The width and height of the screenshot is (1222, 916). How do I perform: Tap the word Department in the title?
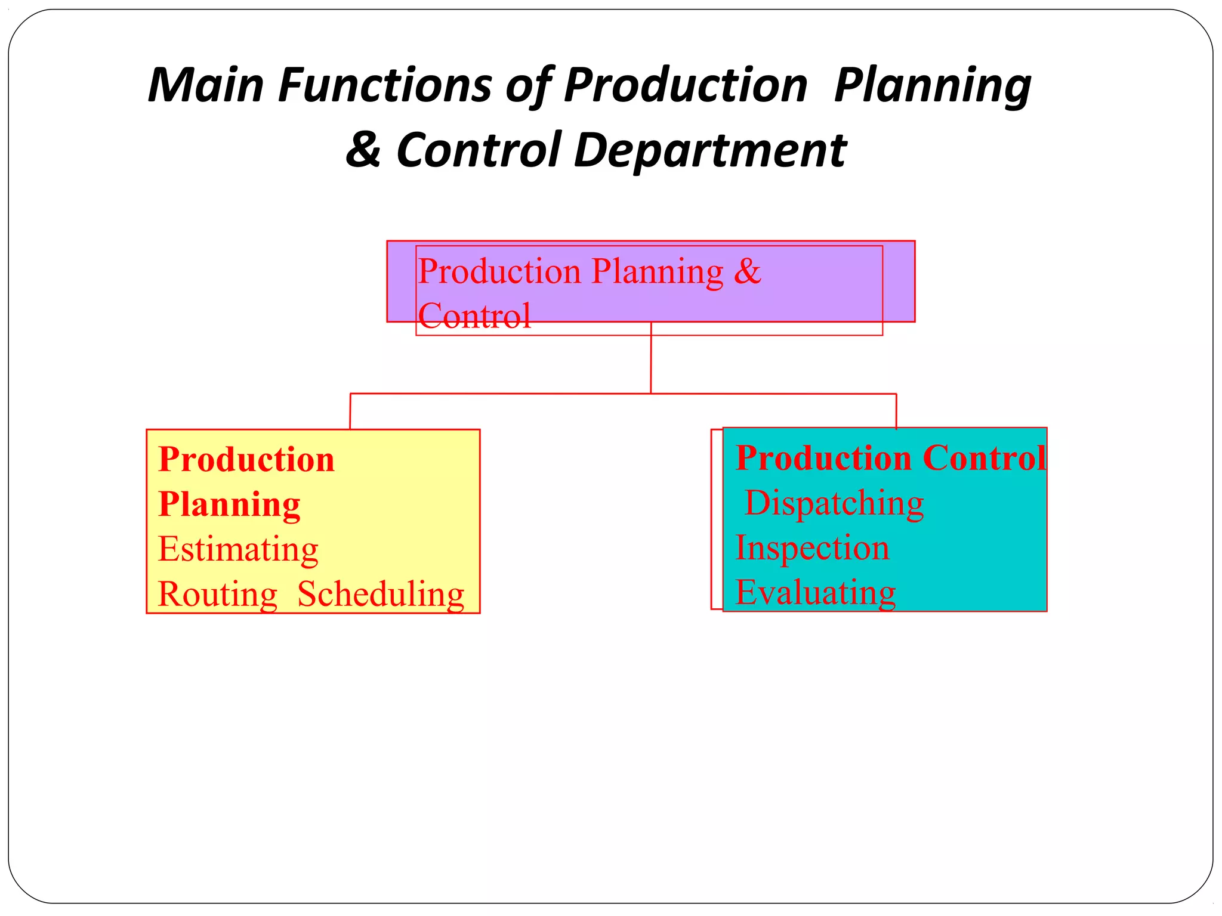(x=710, y=150)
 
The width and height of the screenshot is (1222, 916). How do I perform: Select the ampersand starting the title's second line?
(x=363, y=149)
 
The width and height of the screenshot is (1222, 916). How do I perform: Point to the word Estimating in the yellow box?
(x=238, y=549)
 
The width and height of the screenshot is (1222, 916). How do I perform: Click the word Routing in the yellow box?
(x=218, y=594)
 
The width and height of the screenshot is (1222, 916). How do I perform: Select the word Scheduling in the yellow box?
(x=381, y=594)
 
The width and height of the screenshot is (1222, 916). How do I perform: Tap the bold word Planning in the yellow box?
(x=229, y=505)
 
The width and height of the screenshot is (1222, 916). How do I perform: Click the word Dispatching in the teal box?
(x=834, y=503)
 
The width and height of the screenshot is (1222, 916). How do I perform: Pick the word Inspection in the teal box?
(x=812, y=547)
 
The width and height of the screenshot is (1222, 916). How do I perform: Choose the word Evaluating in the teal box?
(x=815, y=592)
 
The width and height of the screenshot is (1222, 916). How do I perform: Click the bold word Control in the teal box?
(x=984, y=458)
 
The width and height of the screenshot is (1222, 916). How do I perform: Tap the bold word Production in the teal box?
(x=823, y=458)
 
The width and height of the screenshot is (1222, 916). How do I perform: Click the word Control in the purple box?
(x=474, y=315)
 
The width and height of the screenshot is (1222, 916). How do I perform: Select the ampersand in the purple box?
(x=747, y=271)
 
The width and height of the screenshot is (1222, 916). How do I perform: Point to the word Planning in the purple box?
(x=657, y=271)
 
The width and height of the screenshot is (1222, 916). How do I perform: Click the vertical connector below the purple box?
(x=651, y=358)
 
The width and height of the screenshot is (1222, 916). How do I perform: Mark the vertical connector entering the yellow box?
(x=350, y=411)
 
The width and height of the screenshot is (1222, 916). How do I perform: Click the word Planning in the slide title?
(x=933, y=85)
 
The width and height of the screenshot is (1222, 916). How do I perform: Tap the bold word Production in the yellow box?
(x=246, y=460)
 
